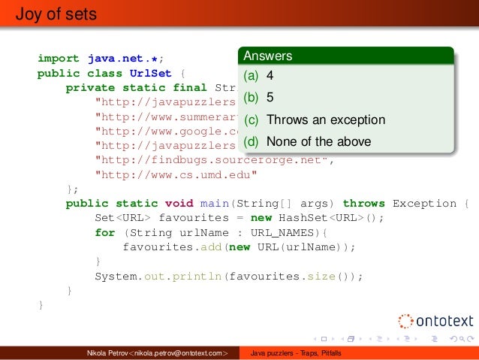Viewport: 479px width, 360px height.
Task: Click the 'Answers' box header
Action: click(267, 56)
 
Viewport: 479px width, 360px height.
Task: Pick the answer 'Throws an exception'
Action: click(325, 119)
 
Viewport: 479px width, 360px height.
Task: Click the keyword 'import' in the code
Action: click(59, 58)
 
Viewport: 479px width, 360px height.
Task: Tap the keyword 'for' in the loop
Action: click(105, 232)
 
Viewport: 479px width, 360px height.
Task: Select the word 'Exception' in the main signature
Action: click(424, 204)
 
